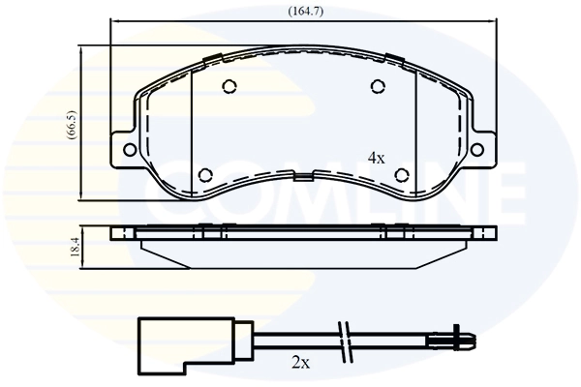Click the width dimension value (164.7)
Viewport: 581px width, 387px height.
point(304,12)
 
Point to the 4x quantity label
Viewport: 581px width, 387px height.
point(376,158)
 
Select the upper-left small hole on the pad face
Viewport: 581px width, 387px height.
point(229,87)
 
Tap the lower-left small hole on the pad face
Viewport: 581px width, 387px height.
point(204,175)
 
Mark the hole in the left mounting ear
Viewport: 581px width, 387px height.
point(125,149)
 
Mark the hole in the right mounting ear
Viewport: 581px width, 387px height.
point(483,149)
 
